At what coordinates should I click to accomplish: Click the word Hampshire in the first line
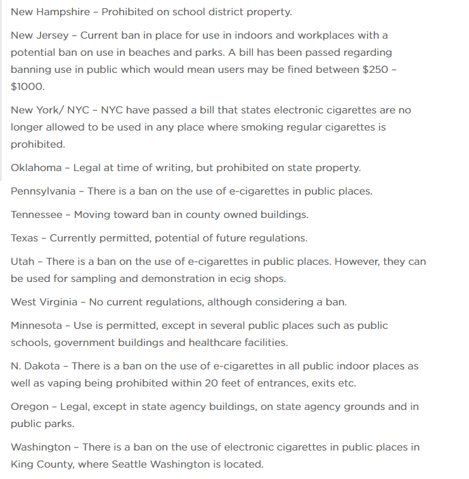pos(64,12)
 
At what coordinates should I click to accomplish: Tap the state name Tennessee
pos(37,215)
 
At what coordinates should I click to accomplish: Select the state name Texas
pos(24,238)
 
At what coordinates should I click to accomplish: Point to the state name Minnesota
pos(36,325)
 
